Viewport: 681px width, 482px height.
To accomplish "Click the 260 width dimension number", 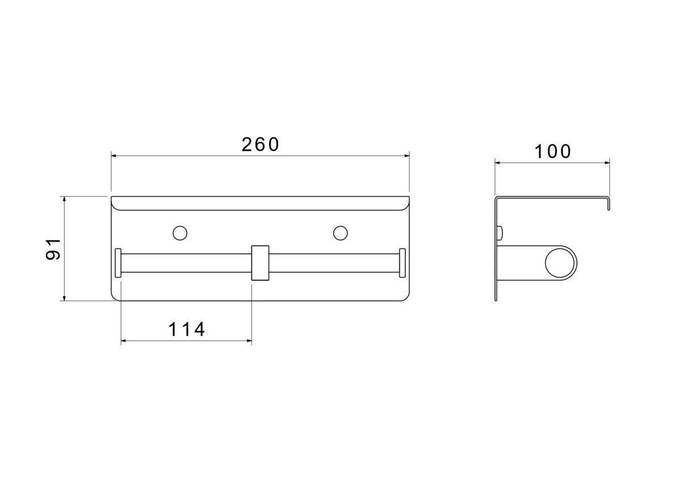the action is (x=260, y=145).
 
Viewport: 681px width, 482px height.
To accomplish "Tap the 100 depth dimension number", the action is (x=553, y=152).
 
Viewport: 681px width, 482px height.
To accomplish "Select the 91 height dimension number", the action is (x=53, y=249).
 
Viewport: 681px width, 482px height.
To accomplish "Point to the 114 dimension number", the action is (x=186, y=329).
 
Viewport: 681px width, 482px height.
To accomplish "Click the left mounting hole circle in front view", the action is (x=180, y=233).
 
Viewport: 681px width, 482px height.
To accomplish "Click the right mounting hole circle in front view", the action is (x=340, y=233).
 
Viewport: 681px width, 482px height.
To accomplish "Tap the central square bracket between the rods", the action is (x=260, y=263).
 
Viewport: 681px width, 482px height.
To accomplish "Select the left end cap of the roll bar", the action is (x=118, y=263).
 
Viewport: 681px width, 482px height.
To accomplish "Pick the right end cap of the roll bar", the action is (x=402, y=263).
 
